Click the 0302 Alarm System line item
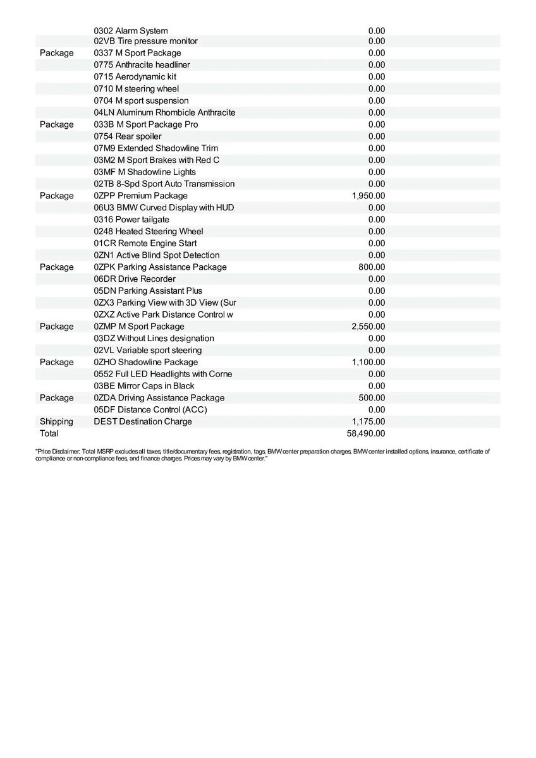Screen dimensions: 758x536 (131, 30)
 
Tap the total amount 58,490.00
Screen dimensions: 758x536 (366, 433)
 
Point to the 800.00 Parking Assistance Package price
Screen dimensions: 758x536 (372, 267)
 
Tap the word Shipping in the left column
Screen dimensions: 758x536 (56, 421)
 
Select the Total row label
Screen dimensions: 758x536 (49, 433)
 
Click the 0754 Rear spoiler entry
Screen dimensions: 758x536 (128, 136)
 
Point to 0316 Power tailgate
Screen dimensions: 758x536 (131, 219)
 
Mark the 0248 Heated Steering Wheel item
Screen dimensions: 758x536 (149, 231)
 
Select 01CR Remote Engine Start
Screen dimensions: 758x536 (145, 243)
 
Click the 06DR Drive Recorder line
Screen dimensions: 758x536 (135, 279)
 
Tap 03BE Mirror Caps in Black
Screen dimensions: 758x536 (144, 386)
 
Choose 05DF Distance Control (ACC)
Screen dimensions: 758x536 (150, 409)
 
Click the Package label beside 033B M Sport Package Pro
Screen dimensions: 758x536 (56, 124)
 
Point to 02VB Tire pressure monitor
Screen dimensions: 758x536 (145, 41)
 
